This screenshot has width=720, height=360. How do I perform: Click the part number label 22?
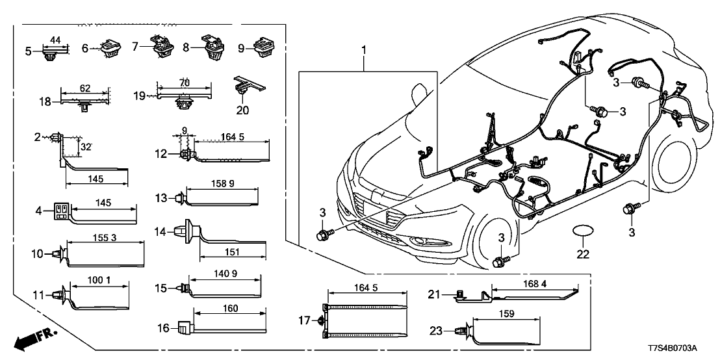(583, 253)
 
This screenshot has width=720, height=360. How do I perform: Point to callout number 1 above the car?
(364, 49)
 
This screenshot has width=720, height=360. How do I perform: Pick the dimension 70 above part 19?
(184, 83)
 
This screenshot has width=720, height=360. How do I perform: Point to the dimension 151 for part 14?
(232, 252)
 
